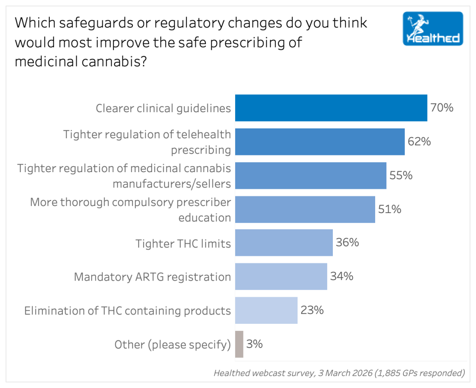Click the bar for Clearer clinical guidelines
(331, 108)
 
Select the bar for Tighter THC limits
(284, 243)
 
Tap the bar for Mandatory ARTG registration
(281, 276)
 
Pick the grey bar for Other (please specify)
(239, 344)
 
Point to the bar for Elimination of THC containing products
(266, 310)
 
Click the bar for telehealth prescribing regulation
(320, 142)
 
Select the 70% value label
(442, 108)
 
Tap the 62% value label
(419, 141)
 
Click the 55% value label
(401, 175)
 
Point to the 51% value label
(390, 209)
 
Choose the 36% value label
(347, 243)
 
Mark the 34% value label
(342, 276)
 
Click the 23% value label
(312, 310)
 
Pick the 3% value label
(255, 344)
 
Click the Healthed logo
(433, 28)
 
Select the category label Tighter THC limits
(183, 243)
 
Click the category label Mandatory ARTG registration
(152, 277)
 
